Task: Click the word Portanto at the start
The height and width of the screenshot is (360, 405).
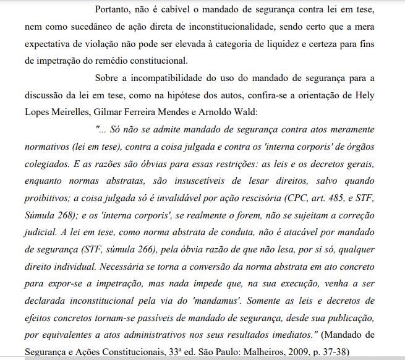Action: coord(115,11)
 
